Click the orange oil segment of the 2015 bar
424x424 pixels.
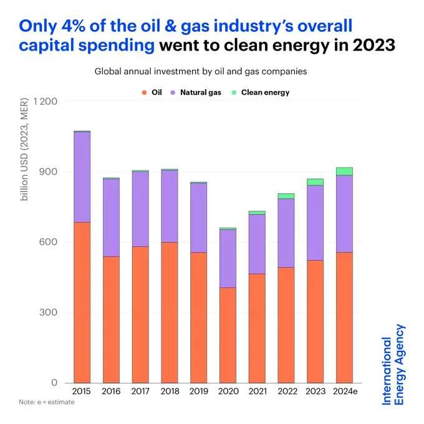pyautogui.click(x=82, y=302)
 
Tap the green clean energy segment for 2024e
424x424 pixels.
pyautogui.click(x=344, y=171)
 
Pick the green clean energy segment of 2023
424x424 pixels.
pyautogui.click(x=315, y=182)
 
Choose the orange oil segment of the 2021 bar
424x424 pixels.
pyautogui.click(x=257, y=328)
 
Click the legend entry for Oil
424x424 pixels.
pyautogui.click(x=153, y=92)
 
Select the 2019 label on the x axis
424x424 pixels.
pyautogui.click(x=198, y=392)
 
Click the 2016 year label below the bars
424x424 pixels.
pyautogui.click(x=111, y=392)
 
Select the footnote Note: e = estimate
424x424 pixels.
pyautogui.click(x=46, y=402)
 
